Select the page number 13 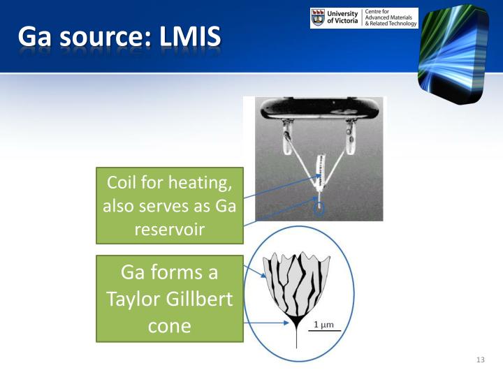[x=479, y=360]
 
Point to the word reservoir [x=170, y=228]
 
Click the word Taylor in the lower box [x=136, y=300]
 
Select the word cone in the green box [x=170, y=327]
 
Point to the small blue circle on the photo [x=319, y=208]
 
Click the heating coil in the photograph [x=321, y=172]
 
